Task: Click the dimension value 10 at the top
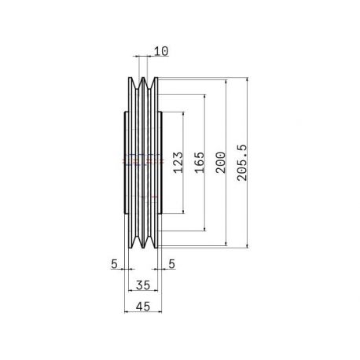(161, 51)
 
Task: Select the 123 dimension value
(178, 163)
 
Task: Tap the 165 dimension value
(200, 163)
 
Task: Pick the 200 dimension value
(221, 163)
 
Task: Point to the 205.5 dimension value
(242, 163)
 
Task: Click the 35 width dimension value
(143, 285)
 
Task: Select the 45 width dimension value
(143, 307)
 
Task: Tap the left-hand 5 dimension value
(114, 264)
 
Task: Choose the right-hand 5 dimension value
(171, 264)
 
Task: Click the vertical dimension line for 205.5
(247, 163)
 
